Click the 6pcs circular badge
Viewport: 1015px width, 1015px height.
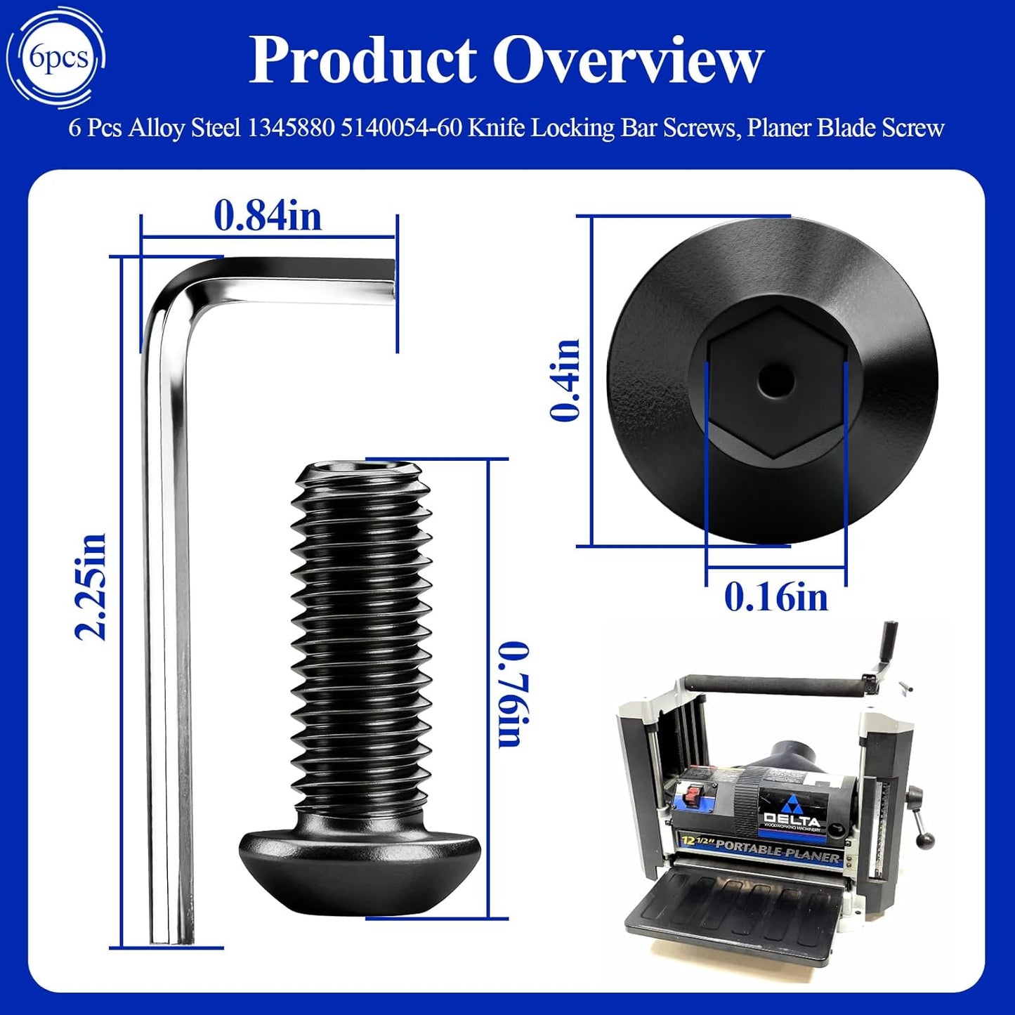point(59,58)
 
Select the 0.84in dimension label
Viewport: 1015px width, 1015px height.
point(268,216)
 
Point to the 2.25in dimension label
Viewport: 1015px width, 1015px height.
point(91,587)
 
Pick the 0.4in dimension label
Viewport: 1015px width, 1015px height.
point(565,379)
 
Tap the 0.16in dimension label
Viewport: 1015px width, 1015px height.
point(776,597)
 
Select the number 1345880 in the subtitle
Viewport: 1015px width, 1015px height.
point(290,127)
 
